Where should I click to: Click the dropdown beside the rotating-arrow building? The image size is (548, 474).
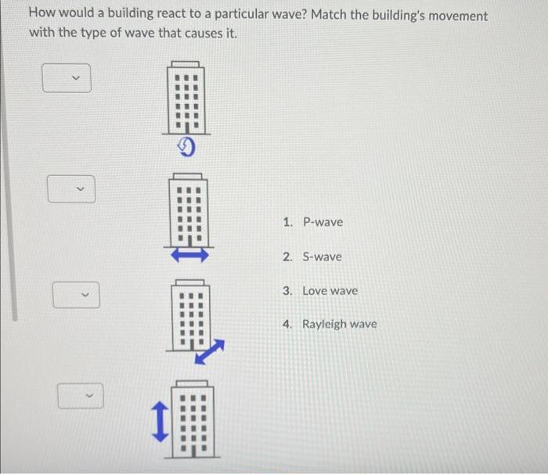[x=67, y=78]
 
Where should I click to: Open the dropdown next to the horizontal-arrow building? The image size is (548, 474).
[x=71, y=189]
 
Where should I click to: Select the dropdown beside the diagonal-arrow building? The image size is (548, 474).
[x=76, y=295]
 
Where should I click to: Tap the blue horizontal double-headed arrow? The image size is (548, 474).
[x=188, y=253]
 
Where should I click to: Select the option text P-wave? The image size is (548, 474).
[x=323, y=222]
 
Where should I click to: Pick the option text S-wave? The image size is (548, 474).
[x=322, y=257]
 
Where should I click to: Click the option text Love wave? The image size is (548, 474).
[x=330, y=290]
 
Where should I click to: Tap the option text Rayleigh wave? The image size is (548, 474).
[x=339, y=324]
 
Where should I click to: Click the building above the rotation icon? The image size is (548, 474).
[x=186, y=97]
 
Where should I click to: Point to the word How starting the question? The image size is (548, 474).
[x=41, y=16]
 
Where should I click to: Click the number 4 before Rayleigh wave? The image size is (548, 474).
[x=287, y=324]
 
